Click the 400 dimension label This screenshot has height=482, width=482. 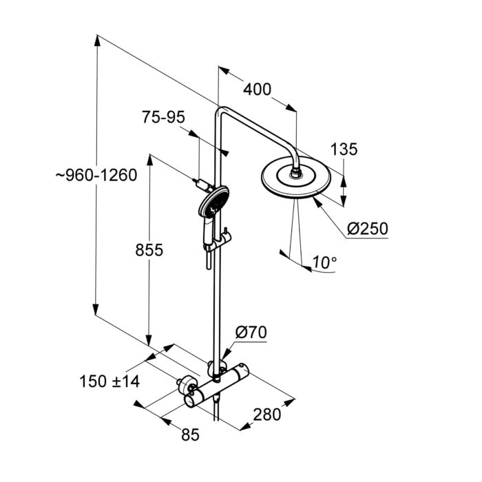257,89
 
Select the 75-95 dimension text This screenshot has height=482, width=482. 164,118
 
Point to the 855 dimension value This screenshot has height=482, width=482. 148,251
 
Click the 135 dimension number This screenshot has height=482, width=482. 344,149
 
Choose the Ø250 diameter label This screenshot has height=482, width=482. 368,228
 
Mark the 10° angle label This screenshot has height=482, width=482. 324,262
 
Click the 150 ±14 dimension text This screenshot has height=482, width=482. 109,381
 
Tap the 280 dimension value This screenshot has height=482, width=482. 266,415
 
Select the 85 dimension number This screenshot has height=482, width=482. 190,434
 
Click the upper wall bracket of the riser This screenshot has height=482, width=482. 202,184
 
